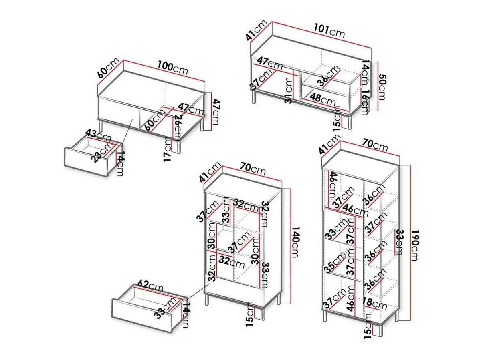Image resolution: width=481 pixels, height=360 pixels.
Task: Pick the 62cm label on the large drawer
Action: (150, 286)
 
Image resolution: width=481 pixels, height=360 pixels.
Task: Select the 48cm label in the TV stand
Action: (323, 99)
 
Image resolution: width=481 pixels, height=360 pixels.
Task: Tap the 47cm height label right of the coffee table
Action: (216, 112)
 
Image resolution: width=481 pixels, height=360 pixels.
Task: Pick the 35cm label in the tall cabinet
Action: (335, 261)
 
